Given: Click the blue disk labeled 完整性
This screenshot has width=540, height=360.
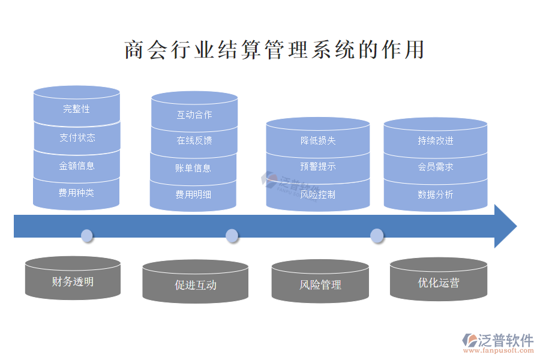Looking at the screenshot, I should pyautogui.click(x=77, y=109).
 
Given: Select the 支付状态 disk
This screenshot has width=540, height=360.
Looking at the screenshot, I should pyautogui.click(x=77, y=137).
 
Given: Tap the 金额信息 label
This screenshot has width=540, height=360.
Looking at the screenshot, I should pyautogui.click(x=77, y=166).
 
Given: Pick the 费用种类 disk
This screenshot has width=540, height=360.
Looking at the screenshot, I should pyautogui.click(x=76, y=193).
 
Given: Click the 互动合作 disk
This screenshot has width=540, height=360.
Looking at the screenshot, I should pyautogui.click(x=194, y=115).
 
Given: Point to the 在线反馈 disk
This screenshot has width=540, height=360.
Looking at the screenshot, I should pyautogui.click(x=194, y=140).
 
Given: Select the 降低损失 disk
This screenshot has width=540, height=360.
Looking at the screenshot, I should pyautogui.click(x=318, y=140).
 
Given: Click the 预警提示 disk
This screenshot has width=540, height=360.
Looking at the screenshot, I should pyautogui.click(x=318, y=167).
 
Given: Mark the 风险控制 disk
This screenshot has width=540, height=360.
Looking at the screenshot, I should pyautogui.click(x=318, y=195).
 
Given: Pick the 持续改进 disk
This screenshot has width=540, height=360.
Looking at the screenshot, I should pyautogui.click(x=436, y=140).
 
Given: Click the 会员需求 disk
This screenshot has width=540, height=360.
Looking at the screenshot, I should pyautogui.click(x=436, y=167).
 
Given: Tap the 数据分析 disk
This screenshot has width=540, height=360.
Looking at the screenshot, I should pyautogui.click(x=436, y=195).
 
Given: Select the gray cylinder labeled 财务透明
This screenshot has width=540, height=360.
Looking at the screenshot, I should pyautogui.click(x=73, y=281).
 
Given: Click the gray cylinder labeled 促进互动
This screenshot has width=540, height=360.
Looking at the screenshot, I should pyautogui.click(x=196, y=284).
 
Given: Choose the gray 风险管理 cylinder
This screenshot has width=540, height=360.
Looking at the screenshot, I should pyautogui.click(x=320, y=284).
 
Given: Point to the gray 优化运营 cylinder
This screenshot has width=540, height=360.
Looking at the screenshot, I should pyautogui.click(x=439, y=282).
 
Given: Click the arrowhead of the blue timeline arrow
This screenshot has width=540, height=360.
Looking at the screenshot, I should pyautogui.click(x=504, y=226).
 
